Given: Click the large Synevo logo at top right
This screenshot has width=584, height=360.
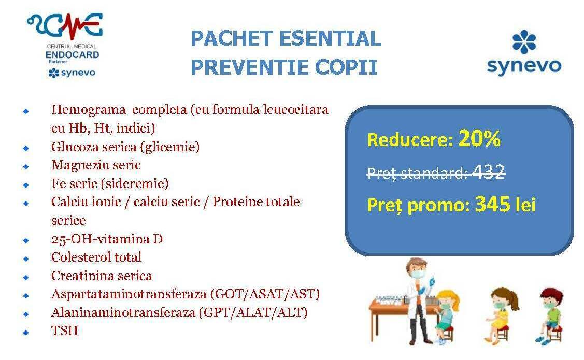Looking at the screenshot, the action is [x=524, y=53].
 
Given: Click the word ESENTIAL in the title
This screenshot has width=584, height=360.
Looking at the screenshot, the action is [x=330, y=38].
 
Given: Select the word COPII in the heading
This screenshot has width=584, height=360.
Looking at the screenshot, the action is [x=346, y=67].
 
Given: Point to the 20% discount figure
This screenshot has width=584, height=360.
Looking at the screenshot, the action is [x=479, y=138].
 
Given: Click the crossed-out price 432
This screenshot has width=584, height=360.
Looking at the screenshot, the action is [x=488, y=172].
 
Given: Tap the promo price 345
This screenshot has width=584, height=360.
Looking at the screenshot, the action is [x=493, y=204].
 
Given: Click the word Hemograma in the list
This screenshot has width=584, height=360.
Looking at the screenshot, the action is [x=88, y=110].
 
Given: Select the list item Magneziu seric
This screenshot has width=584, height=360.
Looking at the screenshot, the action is [x=96, y=165].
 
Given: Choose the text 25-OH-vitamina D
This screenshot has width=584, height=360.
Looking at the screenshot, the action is [x=107, y=239].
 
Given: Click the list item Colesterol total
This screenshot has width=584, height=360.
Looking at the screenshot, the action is [x=96, y=257].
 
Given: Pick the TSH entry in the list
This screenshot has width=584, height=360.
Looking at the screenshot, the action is [x=64, y=330].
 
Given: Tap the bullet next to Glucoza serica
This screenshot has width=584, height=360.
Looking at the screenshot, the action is [x=26, y=148].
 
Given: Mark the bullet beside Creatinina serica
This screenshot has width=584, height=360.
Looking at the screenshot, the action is [x=26, y=277].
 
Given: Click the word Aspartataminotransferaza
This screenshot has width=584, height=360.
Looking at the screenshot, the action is [x=129, y=294].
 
